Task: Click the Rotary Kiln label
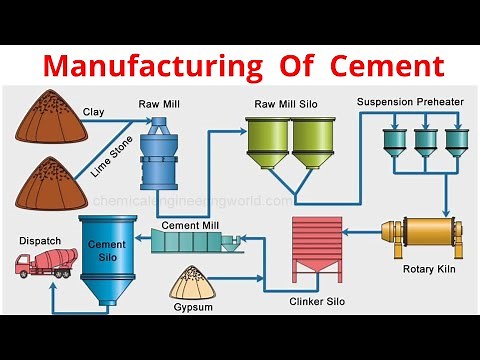430,268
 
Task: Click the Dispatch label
41,241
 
